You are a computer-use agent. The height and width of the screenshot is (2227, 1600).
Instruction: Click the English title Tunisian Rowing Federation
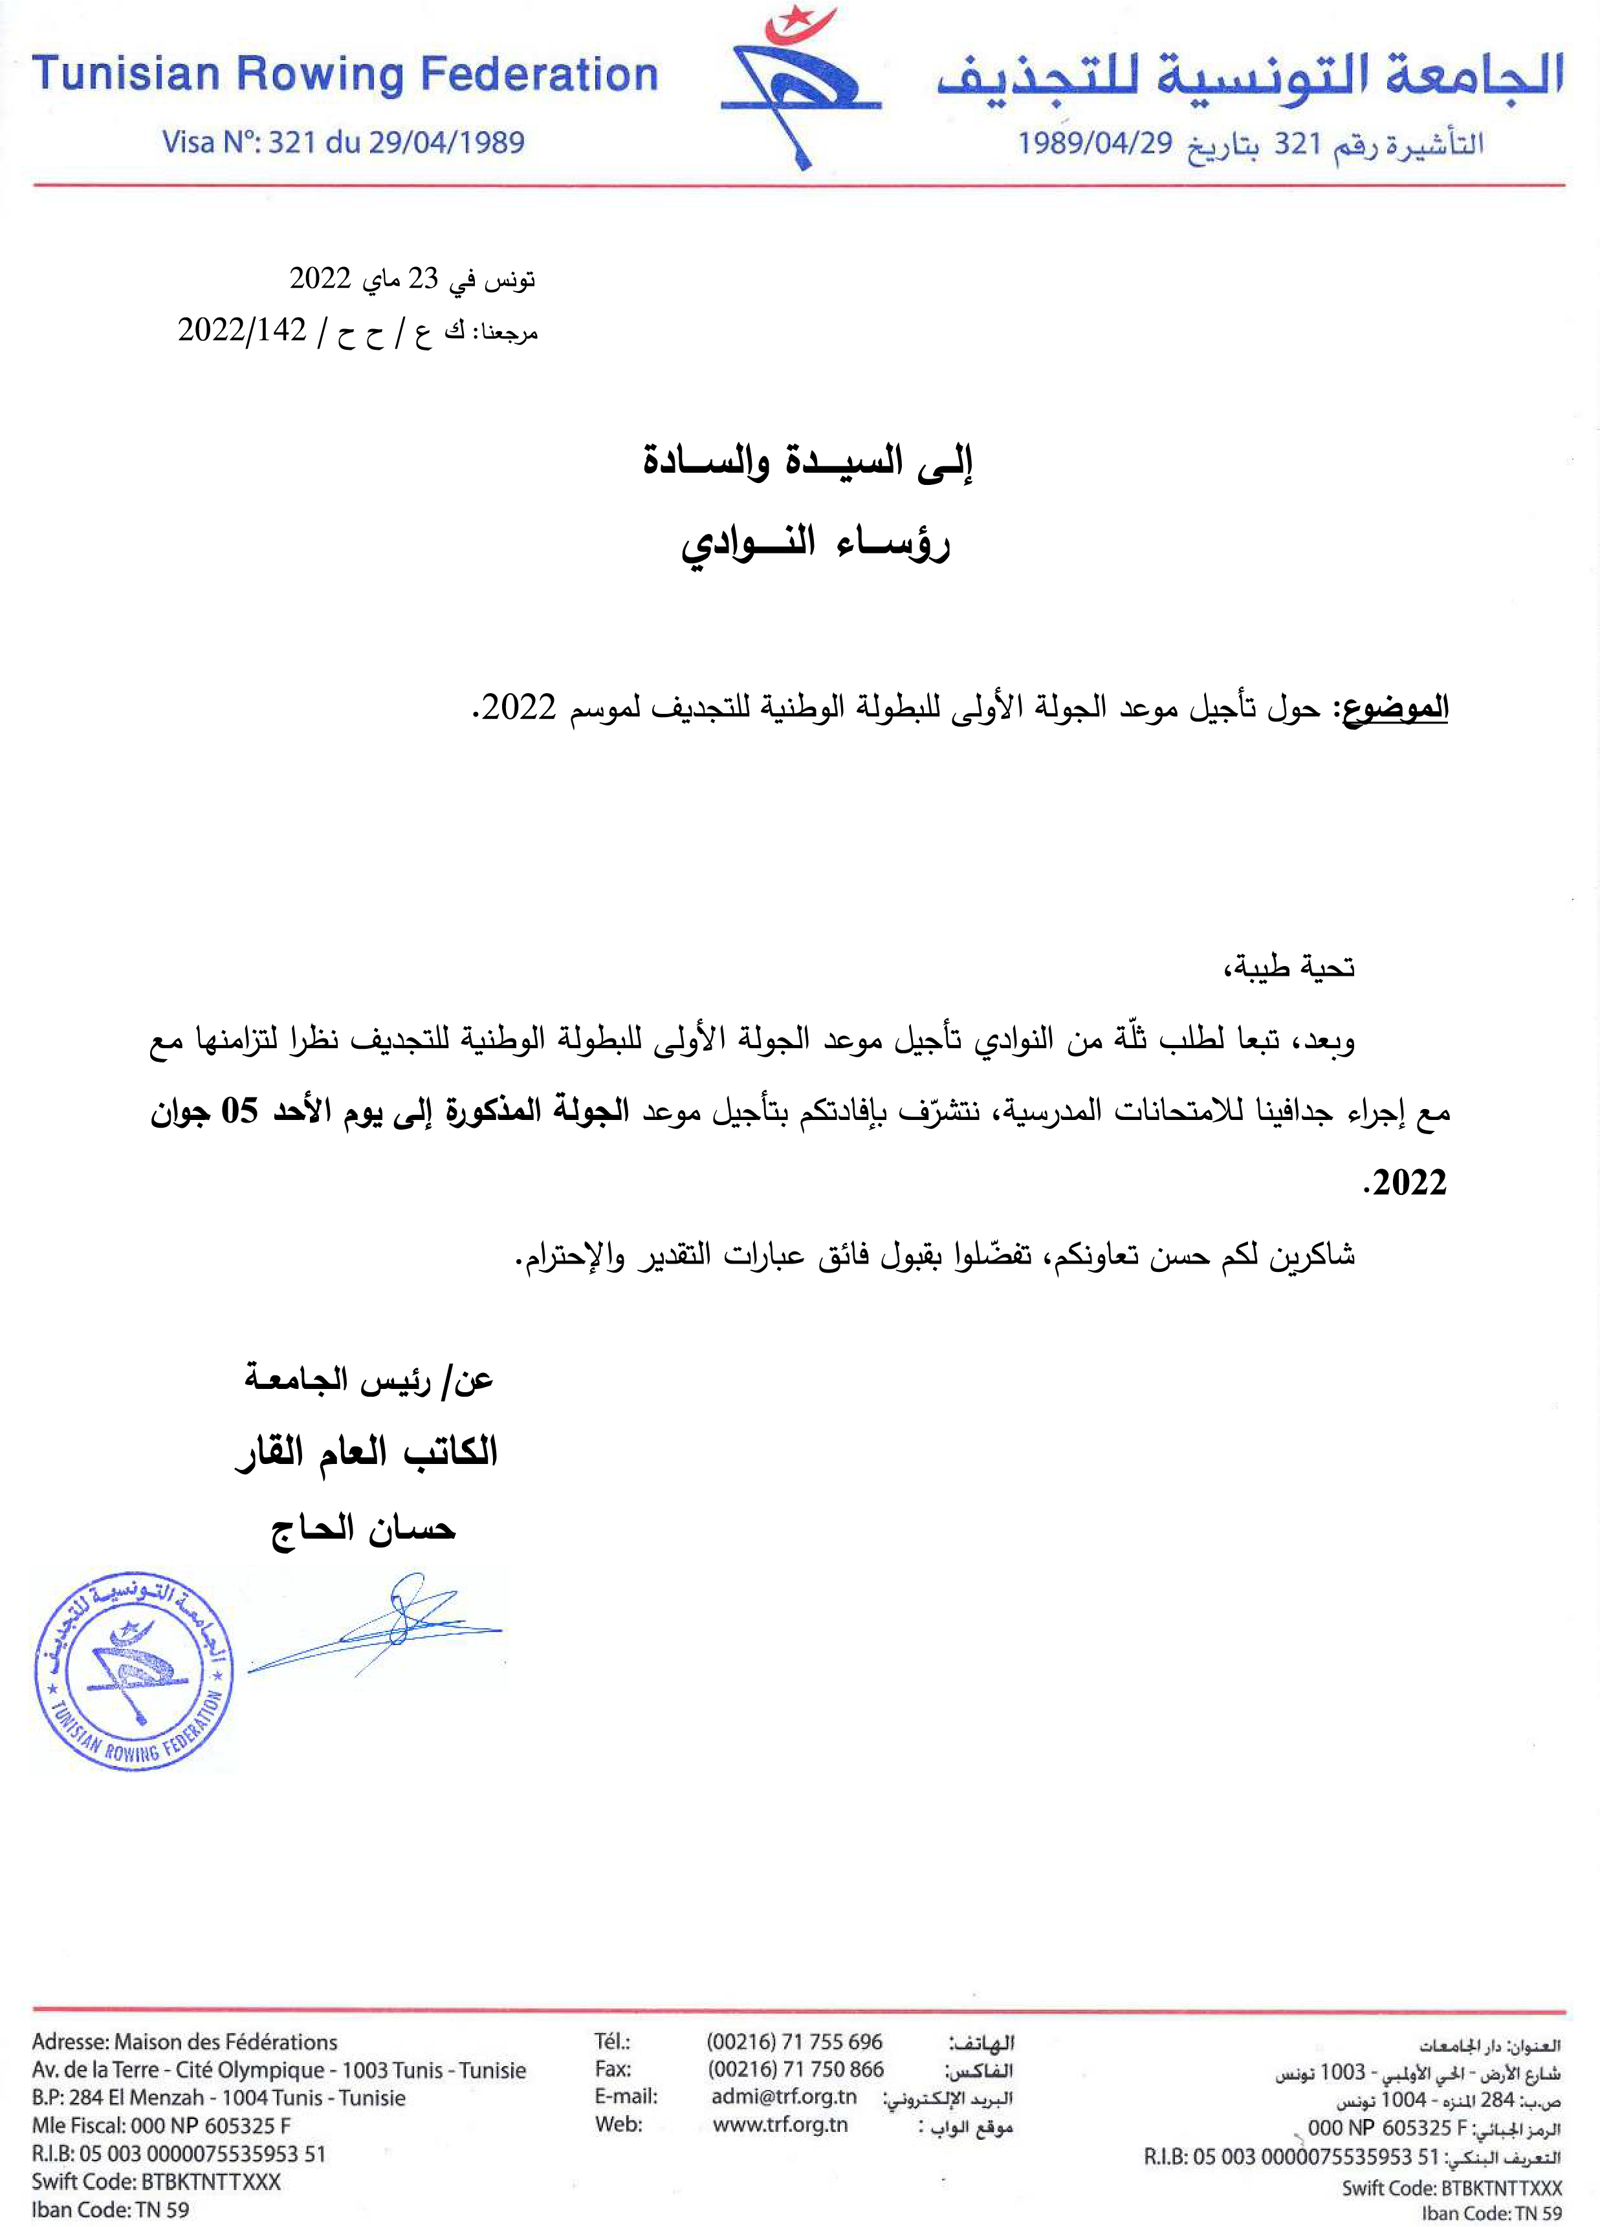[345, 76]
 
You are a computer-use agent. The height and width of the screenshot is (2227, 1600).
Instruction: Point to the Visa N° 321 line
[343, 144]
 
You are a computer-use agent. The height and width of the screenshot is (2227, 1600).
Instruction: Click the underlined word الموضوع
[1395, 708]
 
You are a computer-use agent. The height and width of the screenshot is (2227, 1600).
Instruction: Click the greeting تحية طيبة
[1289, 967]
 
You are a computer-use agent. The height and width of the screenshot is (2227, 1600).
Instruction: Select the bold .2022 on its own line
[1405, 1183]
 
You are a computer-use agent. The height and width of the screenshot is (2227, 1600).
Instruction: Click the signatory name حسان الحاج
[364, 1529]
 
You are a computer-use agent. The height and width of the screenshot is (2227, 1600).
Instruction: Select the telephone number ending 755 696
[794, 2043]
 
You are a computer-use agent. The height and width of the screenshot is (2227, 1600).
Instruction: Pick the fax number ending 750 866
[794, 2070]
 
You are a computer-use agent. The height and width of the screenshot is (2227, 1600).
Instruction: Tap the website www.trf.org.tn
[780, 2125]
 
